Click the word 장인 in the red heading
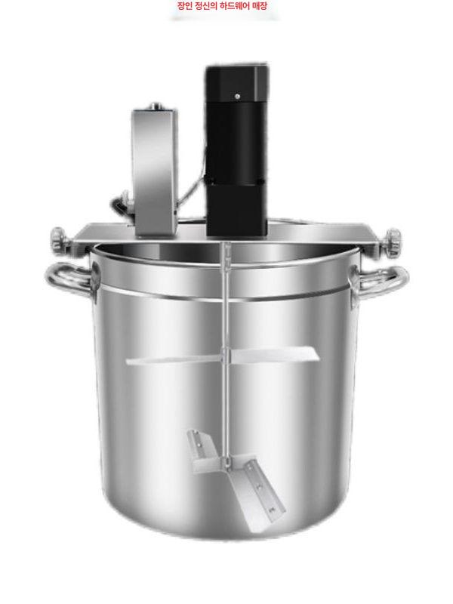tap(184, 6)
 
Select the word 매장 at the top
tap(259, 6)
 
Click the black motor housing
tap(236, 150)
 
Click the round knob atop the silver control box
tap(156, 106)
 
